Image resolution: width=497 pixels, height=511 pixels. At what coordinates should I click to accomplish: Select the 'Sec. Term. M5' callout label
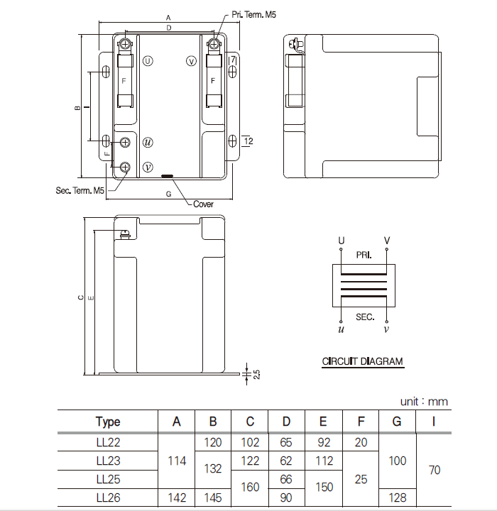click(x=80, y=190)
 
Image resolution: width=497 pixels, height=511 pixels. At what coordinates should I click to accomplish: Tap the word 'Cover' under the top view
click(x=203, y=204)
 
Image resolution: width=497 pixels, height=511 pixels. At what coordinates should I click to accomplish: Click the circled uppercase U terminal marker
click(x=148, y=61)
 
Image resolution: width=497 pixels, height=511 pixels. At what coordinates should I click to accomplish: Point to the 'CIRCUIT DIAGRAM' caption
click(x=362, y=361)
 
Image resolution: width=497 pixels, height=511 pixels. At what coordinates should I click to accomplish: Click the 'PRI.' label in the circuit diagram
click(x=364, y=254)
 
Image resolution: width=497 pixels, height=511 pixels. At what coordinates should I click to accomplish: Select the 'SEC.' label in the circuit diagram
click(x=364, y=317)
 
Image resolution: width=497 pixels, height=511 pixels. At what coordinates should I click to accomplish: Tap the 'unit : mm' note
click(x=424, y=402)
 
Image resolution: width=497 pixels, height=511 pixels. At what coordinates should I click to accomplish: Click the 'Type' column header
click(x=108, y=422)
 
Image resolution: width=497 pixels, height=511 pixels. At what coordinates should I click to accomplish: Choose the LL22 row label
click(x=108, y=442)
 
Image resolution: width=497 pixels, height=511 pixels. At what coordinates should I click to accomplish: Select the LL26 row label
click(x=108, y=498)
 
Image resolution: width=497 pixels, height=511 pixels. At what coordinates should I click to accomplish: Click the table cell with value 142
click(x=176, y=498)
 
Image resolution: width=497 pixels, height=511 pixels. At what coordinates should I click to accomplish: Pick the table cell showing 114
click(x=176, y=461)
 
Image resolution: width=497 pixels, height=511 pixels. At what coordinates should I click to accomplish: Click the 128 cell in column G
click(x=398, y=498)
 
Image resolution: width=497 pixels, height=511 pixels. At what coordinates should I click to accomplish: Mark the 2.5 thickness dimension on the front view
click(x=256, y=373)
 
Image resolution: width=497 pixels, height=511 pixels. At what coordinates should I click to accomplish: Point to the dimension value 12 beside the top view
click(x=248, y=141)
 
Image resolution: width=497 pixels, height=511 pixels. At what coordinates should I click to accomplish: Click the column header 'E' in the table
click(x=323, y=422)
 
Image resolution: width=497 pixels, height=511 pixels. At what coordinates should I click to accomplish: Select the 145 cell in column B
click(x=213, y=498)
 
